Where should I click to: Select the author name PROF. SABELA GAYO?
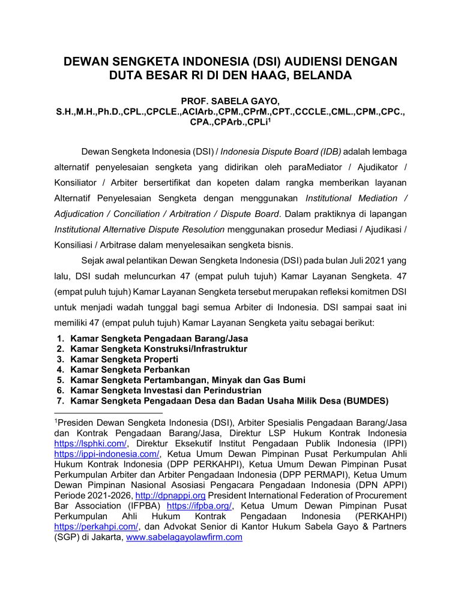click(x=230, y=102)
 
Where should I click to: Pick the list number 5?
click(x=60, y=380)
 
